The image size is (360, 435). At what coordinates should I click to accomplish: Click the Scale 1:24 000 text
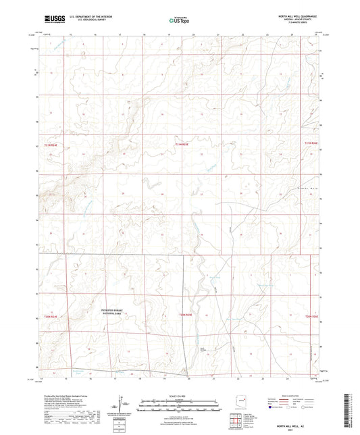[180, 395]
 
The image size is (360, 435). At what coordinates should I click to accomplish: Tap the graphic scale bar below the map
[180, 402]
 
